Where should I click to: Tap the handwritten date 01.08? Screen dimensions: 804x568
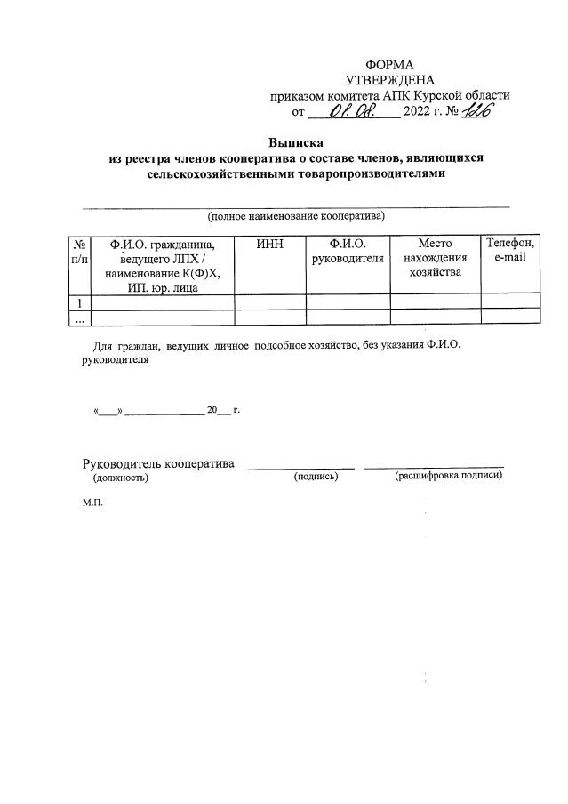coord(352,111)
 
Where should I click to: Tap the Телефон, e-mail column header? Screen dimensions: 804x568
coord(510,251)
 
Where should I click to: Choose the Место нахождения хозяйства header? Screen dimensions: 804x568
coord(435,258)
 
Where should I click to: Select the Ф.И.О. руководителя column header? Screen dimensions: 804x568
coord(348,251)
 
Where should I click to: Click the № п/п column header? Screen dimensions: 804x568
coord(80,251)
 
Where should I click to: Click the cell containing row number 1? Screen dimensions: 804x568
coord(80,301)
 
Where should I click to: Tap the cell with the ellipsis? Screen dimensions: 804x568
coord(80,317)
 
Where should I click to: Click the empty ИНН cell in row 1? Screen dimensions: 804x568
coord(269,301)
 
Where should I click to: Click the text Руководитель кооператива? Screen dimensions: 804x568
coord(158,463)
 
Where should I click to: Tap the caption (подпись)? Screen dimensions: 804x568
coord(316,478)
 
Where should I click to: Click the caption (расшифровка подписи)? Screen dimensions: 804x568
coord(448,476)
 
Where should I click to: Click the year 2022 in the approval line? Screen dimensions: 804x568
coord(417,112)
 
